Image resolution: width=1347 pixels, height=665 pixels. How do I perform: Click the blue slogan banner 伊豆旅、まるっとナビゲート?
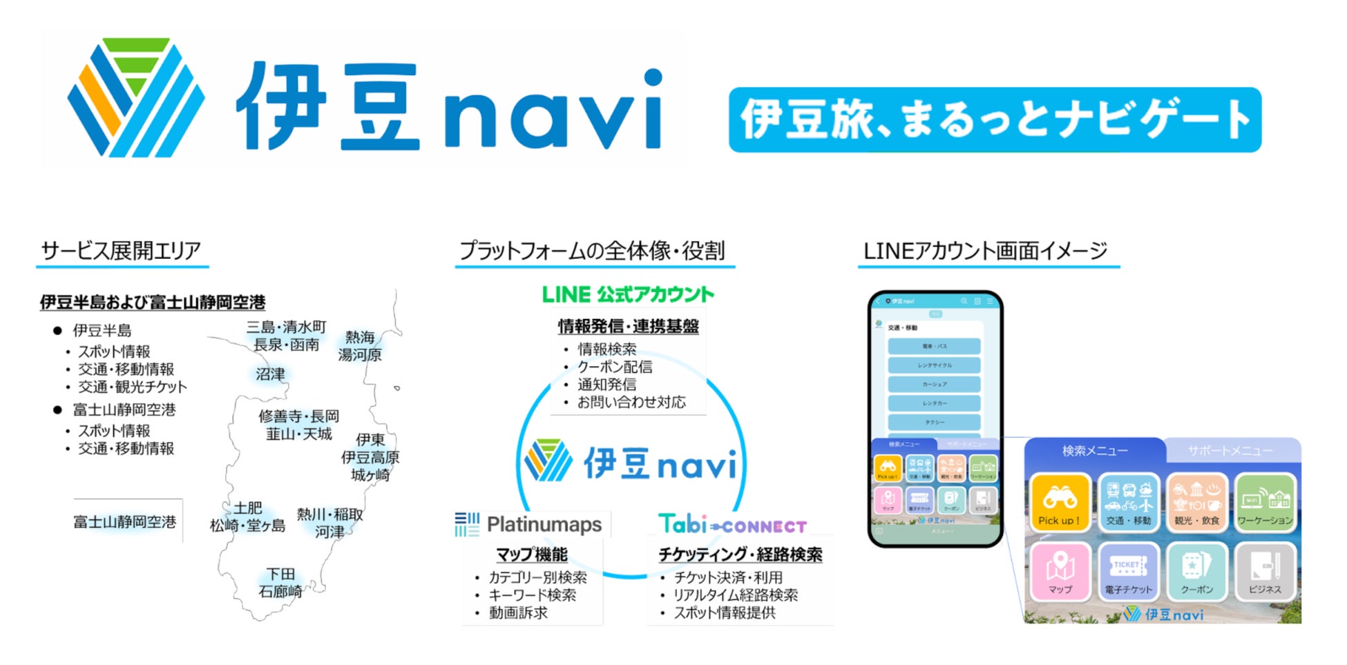click(x=995, y=119)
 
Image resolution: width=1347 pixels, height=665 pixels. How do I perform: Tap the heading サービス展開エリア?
click(x=121, y=251)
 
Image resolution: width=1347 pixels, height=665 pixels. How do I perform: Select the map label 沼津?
click(x=270, y=374)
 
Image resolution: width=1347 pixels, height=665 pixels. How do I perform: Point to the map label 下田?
click(x=280, y=574)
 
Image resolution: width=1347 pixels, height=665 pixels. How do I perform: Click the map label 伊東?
click(x=370, y=439)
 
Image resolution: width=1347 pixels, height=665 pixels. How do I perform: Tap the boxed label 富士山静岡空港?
click(x=125, y=522)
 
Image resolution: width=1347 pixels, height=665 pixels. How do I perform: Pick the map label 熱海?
click(x=360, y=337)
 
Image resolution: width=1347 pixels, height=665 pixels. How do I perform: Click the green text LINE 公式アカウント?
click(x=627, y=295)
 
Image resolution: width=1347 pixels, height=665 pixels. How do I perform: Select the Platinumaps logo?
click(x=528, y=525)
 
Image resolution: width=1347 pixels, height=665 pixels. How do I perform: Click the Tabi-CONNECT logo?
click(x=732, y=525)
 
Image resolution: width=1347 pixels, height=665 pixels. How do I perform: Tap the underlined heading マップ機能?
click(x=531, y=555)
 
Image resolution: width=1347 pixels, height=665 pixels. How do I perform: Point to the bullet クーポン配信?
click(x=615, y=367)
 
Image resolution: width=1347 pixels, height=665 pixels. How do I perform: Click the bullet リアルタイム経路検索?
click(x=735, y=595)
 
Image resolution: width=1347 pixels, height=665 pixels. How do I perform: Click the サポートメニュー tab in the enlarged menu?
click(x=1230, y=451)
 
